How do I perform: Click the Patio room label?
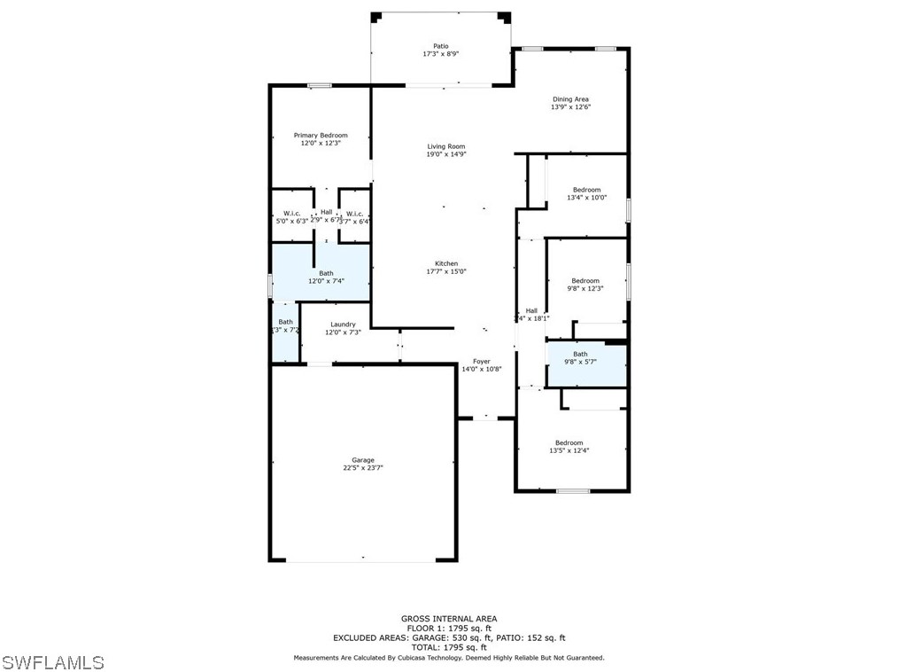(440, 45)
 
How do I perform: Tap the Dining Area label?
(570, 99)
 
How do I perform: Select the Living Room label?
(445, 146)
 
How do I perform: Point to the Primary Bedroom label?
(321, 136)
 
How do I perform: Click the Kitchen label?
(445, 263)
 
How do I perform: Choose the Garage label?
(362, 460)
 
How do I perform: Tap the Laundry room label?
(342, 324)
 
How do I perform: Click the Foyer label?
(481, 361)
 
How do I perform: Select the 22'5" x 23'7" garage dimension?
(362, 468)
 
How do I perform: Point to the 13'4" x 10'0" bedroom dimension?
(586, 198)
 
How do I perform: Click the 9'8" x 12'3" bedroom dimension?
(585, 289)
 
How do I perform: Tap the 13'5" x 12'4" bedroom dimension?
(569, 451)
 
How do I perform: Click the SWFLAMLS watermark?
(53, 662)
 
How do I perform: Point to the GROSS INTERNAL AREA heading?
(449, 619)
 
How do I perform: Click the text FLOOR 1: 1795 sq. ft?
(449, 629)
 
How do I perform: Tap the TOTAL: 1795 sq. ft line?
(449, 647)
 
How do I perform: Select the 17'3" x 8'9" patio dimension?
(440, 54)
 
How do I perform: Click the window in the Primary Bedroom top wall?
(319, 85)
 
